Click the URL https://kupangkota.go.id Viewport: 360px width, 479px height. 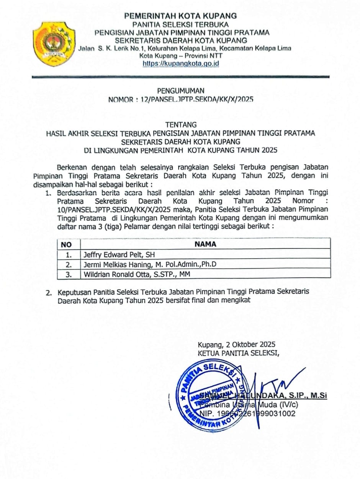[181, 64]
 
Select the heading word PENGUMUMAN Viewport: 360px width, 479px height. [181, 91]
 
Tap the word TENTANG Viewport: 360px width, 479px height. [181, 125]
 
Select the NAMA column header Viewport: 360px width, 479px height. [205, 244]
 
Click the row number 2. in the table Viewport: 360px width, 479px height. [69, 264]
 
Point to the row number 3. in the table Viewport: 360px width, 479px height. [69, 274]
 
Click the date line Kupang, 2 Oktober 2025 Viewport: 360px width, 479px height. [236, 344]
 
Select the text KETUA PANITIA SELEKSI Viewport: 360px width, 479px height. [238, 353]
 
